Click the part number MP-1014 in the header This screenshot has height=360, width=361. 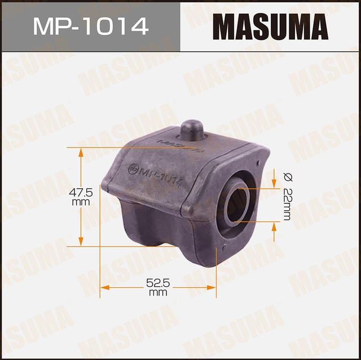coord(90,26)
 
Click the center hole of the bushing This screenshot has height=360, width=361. coord(237,203)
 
